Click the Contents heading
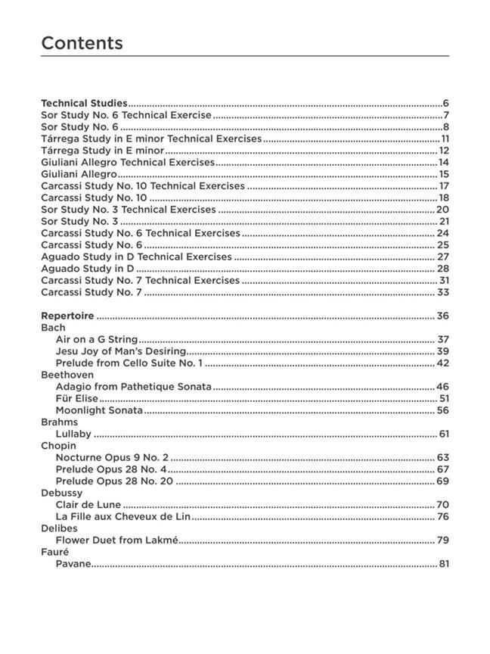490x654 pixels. (82, 43)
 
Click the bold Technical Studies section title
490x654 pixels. (84, 103)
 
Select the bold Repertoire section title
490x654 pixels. (67, 316)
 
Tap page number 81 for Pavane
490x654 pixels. (444, 564)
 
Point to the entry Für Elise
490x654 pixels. (76, 398)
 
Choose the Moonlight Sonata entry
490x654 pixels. (99, 410)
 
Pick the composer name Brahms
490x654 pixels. (59, 422)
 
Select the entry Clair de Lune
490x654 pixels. (88, 505)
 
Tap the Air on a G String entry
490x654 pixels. (97, 340)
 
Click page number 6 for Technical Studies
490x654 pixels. (446, 103)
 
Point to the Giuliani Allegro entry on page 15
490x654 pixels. (79, 174)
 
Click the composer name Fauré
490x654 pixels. (54, 552)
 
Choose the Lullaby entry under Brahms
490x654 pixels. (73, 434)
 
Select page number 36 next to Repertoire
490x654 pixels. (442, 316)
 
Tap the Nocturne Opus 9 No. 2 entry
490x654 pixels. (112, 457)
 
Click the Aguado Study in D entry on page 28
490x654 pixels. (87, 269)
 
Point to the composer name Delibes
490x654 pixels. (60, 528)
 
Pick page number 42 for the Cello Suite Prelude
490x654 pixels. (442, 363)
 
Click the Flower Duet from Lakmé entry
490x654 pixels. (117, 540)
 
